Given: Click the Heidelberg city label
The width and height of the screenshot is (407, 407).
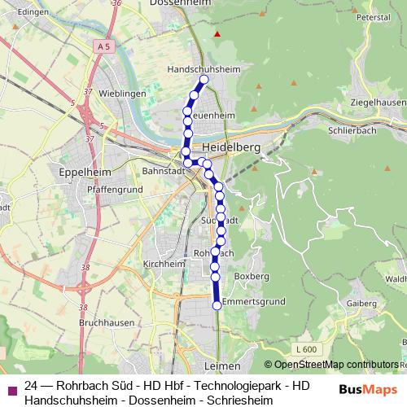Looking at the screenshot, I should [233, 147].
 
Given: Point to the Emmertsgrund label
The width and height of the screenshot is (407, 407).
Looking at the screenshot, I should [253, 301].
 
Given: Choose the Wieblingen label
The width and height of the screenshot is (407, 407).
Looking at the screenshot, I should [121, 94].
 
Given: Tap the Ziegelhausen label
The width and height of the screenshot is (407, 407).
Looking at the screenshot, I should [374, 102].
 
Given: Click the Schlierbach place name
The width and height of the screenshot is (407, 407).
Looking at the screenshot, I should [351, 129].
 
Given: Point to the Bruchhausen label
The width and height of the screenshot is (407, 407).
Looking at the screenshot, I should [106, 322].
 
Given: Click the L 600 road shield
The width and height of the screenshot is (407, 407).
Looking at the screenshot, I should [305, 349].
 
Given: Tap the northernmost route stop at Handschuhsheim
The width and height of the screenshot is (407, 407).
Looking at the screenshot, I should [204, 80].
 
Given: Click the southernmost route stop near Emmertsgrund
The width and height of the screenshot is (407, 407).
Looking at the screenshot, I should [217, 305].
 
